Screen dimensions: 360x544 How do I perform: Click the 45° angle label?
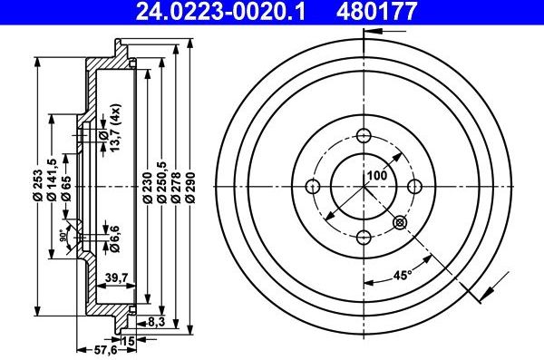tap(402, 276)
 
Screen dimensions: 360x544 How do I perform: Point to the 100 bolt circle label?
tap(376, 176)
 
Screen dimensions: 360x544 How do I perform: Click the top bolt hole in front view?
tap(364, 136)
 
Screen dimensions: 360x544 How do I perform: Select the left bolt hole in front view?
tap(314, 187)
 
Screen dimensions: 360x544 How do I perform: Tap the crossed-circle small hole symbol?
tap(400, 222)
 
